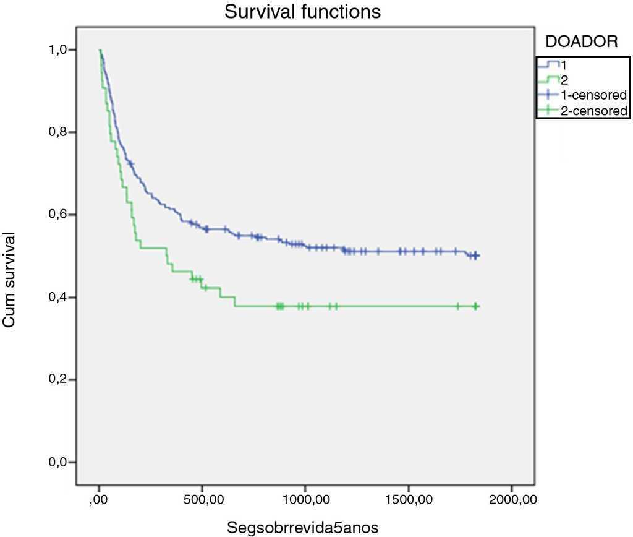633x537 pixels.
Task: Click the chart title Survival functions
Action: click(x=302, y=12)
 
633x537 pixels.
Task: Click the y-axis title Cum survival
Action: click(x=9, y=280)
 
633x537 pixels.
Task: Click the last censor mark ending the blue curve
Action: click(x=477, y=256)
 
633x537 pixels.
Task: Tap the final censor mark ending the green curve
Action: click(x=477, y=306)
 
